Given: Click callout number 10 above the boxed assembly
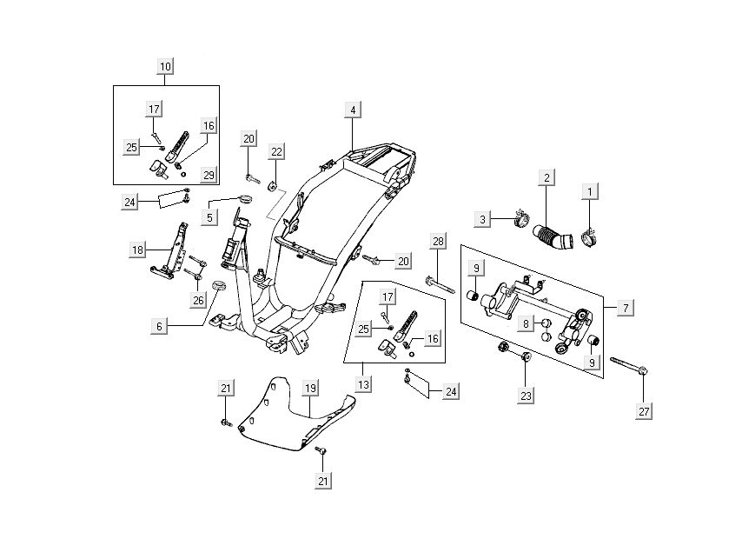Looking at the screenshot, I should pos(165,66).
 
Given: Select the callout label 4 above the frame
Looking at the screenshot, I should pos(352,110).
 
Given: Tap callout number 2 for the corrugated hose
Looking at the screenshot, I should pos(547,179).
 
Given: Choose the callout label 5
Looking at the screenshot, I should pos(209,217).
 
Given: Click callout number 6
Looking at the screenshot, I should pos(159,326).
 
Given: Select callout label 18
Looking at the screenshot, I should pos(138,250).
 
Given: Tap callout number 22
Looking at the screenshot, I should pos(276,152).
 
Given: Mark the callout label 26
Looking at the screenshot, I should pos(198,301).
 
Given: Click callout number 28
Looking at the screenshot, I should pos(437,240).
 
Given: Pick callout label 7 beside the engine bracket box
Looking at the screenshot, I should pos(626,307).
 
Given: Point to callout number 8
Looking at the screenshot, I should pos(526,323).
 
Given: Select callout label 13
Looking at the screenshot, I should pos(364,383).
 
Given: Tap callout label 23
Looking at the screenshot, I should pos(525,395).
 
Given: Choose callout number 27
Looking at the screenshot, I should pos(644,410).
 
